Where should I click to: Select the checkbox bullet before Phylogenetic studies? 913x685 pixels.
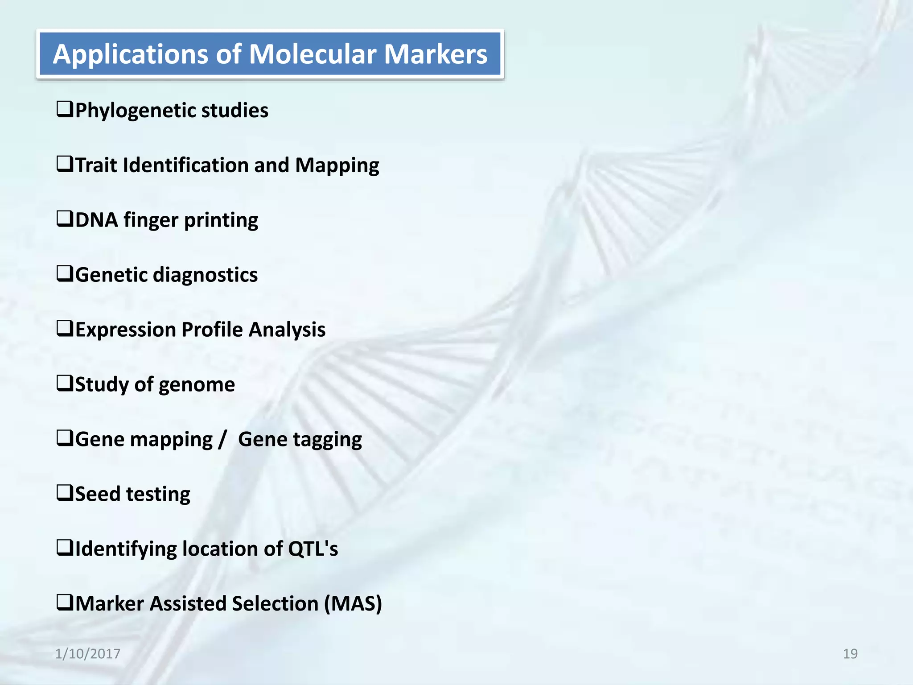65,109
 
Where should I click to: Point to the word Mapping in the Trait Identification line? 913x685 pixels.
337,165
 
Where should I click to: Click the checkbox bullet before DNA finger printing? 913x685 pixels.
65,219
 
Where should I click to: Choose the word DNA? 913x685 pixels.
97,220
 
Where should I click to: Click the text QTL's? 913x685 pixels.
313,549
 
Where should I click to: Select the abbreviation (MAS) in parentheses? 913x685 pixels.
353,604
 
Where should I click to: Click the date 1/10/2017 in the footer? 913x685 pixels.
88,654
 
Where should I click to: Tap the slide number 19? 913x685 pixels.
850,654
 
